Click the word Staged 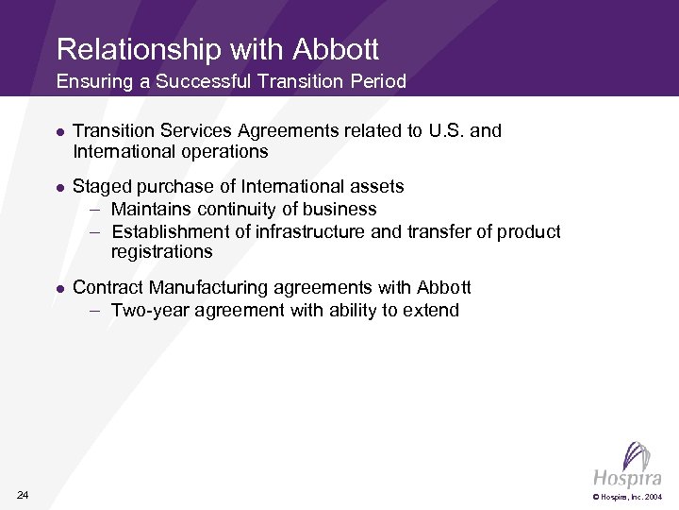click(100, 186)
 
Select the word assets click(378, 186)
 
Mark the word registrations click(161, 252)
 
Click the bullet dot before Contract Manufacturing click(59, 288)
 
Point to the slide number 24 click(23, 496)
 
